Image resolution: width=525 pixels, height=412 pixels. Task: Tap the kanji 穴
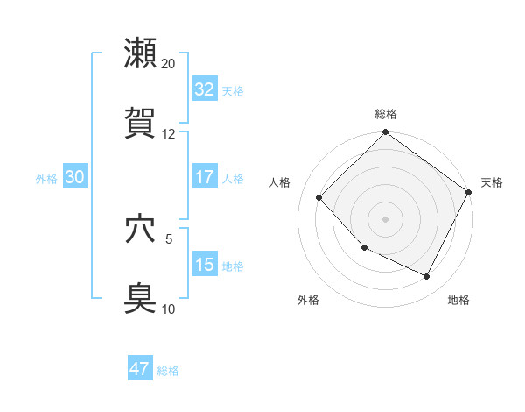[x=141, y=229]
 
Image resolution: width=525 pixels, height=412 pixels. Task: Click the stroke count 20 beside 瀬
[x=168, y=63]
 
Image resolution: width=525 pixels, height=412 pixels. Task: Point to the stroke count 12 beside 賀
[x=168, y=134]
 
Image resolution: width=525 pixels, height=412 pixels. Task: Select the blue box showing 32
[x=204, y=89]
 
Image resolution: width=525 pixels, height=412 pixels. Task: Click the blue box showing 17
[x=204, y=177]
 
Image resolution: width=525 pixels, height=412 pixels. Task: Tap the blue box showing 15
[x=204, y=265]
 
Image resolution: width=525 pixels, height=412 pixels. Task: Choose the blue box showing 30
[x=75, y=177]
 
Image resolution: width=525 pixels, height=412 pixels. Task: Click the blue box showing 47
[x=139, y=369]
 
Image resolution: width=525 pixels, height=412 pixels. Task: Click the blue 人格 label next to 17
[x=232, y=179]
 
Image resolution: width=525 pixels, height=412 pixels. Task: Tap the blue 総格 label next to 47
[x=168, y=371]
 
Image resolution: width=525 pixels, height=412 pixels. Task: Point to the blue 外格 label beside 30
[x=46, y=179]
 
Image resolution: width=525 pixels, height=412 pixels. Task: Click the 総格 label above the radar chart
[x=385, y=114]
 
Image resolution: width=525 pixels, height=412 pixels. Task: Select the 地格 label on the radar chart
[x=458, y=300]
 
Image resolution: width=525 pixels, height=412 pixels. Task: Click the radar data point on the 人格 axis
[x=319, y=198]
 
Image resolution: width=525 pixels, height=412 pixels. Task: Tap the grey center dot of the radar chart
[x=385, y=219]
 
